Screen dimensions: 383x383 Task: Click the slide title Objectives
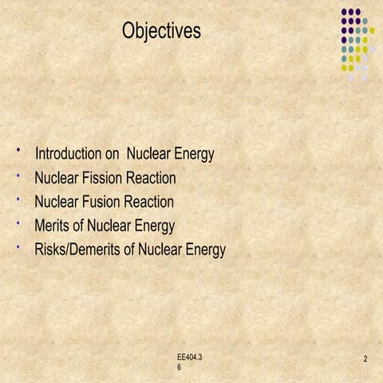coord(162,31)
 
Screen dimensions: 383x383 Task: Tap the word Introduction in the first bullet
coord(70,153)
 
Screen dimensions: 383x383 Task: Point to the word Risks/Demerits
coord(77,250)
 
